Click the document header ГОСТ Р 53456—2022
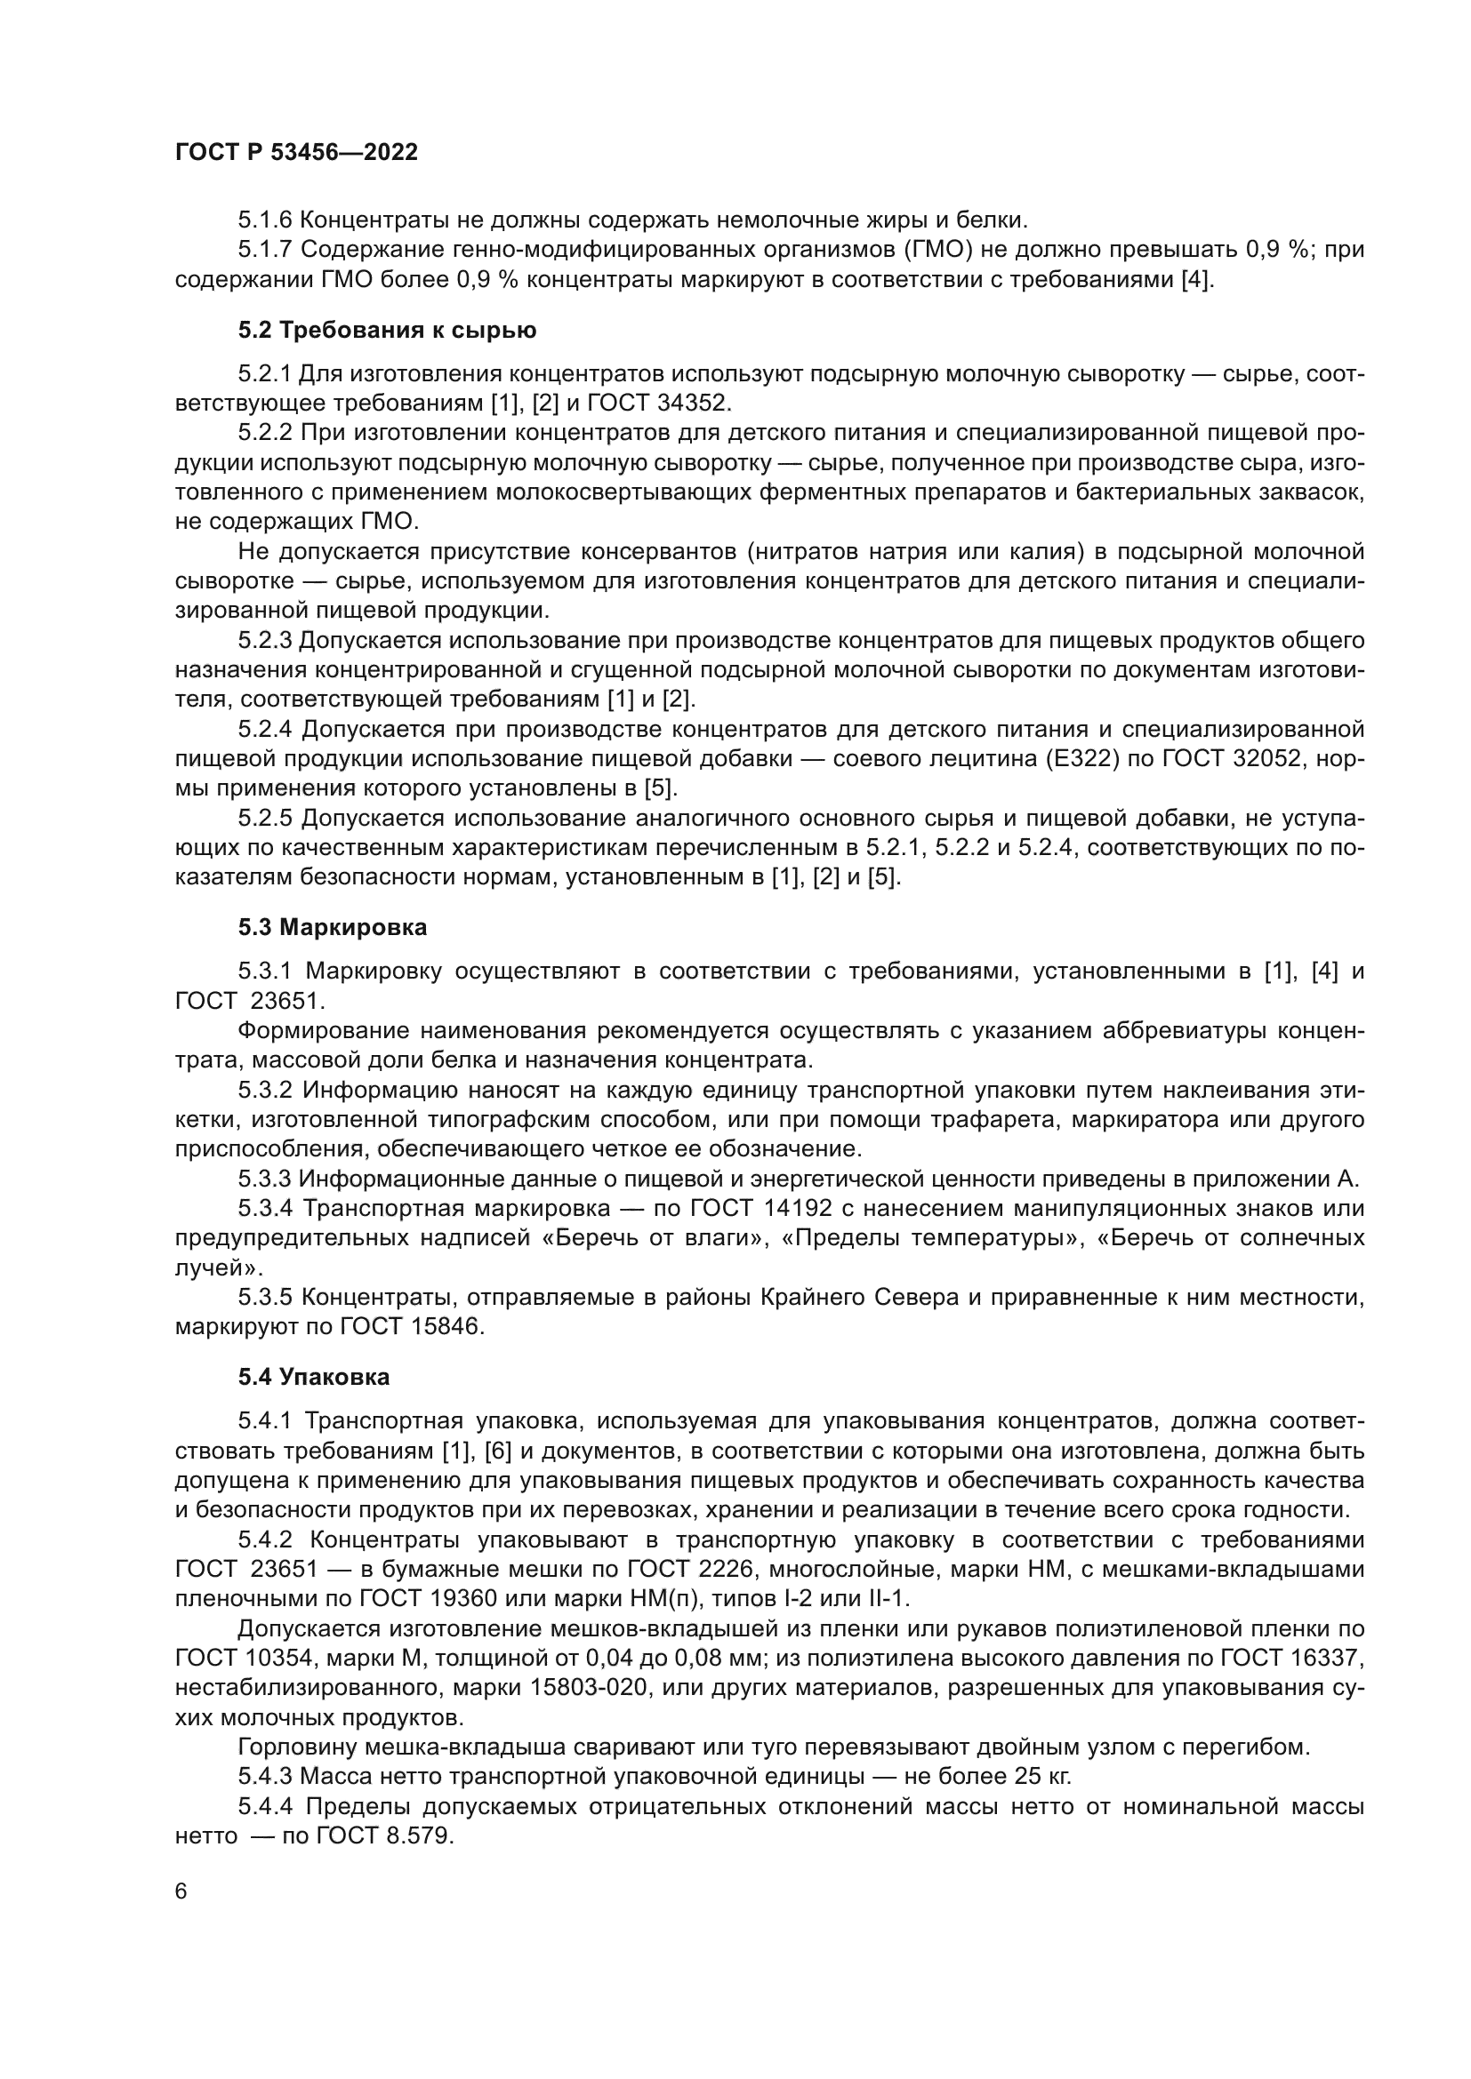point(296,153)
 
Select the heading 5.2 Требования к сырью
point(387,331)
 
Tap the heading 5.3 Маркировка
point(333,927)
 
